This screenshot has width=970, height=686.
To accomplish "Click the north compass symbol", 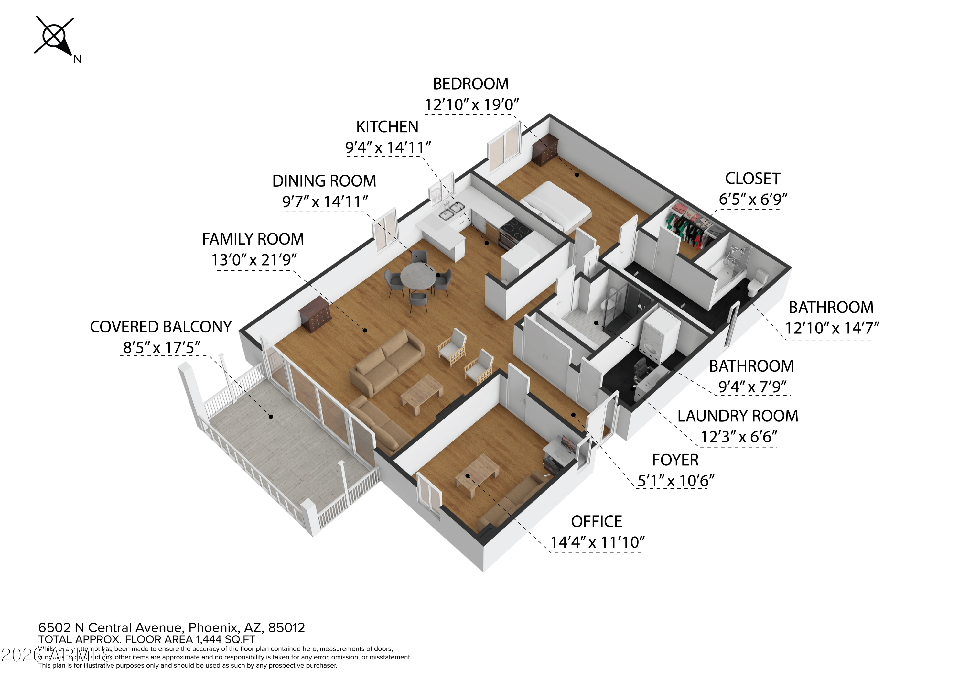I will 55,37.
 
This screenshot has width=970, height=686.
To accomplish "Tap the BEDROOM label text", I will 471,84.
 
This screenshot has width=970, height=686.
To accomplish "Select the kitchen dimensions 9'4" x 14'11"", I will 388,147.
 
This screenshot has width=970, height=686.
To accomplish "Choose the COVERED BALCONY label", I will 161,327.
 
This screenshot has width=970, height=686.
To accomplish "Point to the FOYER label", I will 675,460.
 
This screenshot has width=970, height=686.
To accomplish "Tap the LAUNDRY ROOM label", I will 738,416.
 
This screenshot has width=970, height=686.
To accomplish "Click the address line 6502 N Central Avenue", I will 171,628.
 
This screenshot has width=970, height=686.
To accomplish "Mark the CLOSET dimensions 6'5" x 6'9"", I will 753,199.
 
